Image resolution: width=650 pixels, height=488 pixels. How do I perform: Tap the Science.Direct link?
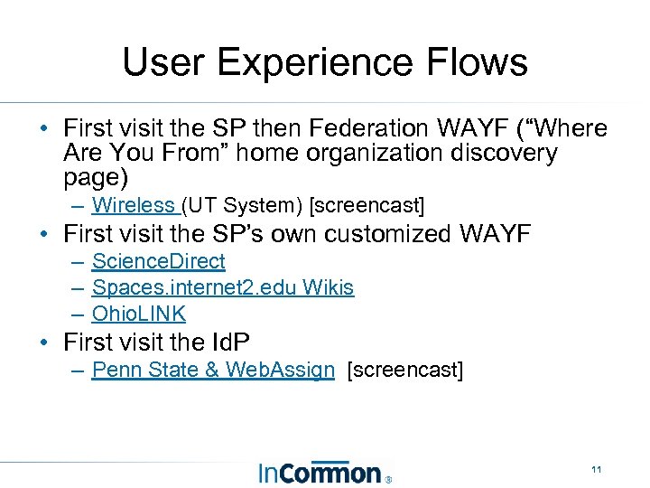click(x=159, y=262)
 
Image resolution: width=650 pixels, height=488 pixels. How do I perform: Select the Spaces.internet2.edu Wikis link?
click(x=223, y=288)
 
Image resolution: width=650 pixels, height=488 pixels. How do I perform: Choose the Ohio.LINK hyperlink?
click(x=139, y=314)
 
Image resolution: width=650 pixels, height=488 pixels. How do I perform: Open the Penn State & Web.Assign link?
click(x=213, y=370)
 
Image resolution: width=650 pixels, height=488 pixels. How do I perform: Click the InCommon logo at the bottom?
click(x=323, y=472)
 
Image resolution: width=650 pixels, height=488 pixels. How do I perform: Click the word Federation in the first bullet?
click(x=394, y=129)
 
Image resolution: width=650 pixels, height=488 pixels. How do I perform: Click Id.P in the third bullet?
click(x=229, y=343)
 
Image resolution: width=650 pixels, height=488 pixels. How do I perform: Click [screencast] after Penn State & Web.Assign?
click(x=404, y=370)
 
